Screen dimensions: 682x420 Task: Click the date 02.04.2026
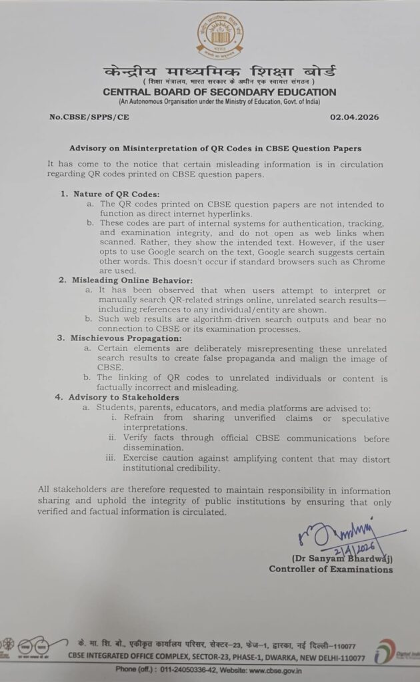click(x=354, y=117)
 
